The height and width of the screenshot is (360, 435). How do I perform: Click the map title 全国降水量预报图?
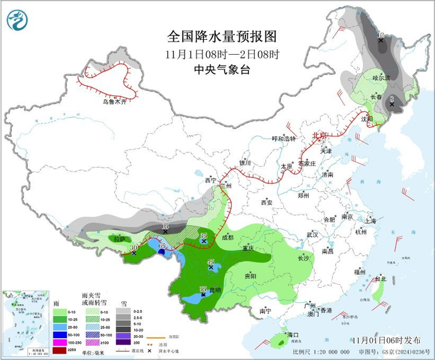point(221,35)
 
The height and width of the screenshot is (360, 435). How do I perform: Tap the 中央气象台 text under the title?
point(221,70)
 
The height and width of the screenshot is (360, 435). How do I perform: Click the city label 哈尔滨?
point(381,78)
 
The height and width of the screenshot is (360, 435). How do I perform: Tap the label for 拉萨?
point(119,238)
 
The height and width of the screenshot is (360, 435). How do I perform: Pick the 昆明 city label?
point(214,290)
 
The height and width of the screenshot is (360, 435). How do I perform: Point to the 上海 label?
point(371,221)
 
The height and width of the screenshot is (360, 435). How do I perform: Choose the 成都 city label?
point(227,238)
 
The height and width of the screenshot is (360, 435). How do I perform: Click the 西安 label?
point(267,202)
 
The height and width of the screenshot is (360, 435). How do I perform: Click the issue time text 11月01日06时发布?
point(385,341)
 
